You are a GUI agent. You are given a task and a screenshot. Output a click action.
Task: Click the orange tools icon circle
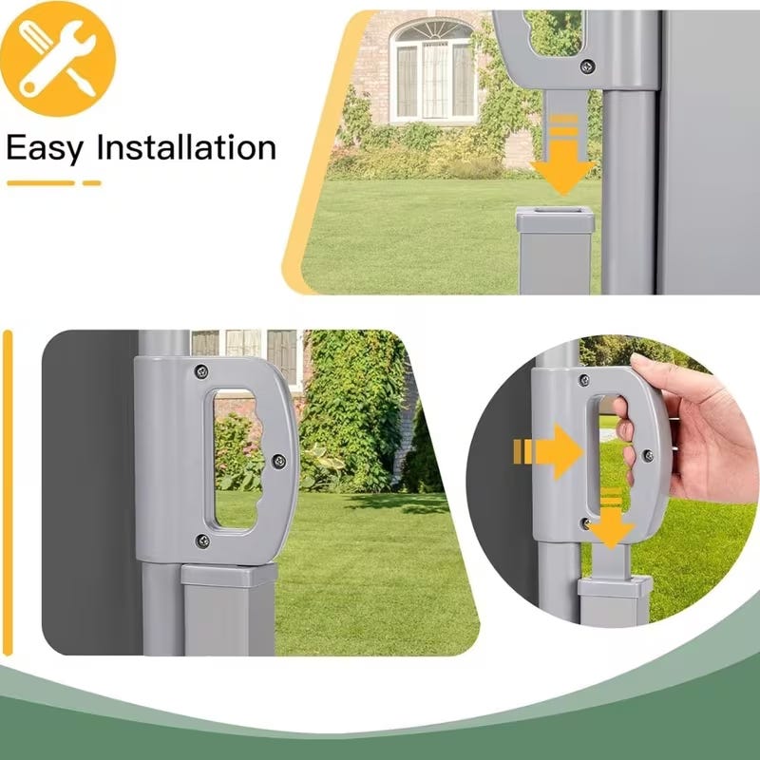click(58, 58)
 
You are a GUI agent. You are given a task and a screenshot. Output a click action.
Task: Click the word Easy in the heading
click(45, 149)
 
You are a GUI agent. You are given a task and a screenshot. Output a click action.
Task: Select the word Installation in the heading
click(186, 147)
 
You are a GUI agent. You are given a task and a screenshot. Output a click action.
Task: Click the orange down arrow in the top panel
click(563, 155)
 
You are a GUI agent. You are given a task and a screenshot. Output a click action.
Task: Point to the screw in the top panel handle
click(587, 66)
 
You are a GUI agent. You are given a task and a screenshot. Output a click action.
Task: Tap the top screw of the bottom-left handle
click(201, 371)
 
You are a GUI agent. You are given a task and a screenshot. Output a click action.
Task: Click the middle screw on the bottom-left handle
click(278, 461)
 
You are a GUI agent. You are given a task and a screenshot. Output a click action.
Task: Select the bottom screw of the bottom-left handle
click(202, 541)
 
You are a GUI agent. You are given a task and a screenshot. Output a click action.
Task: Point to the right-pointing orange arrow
click(548, 452)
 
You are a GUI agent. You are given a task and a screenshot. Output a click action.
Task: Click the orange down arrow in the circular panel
click(611, 519)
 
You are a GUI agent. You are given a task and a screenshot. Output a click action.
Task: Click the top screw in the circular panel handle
click(584, 380)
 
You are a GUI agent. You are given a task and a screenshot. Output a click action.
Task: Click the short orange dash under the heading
click(91, 183)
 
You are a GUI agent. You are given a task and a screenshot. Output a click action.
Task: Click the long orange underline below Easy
click(41, 183)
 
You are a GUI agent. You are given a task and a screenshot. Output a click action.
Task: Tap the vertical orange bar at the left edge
click(8, 492)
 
